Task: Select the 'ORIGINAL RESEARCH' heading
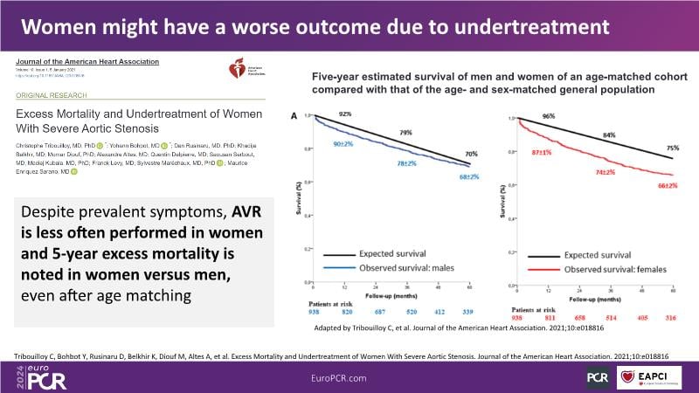[59, 96]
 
